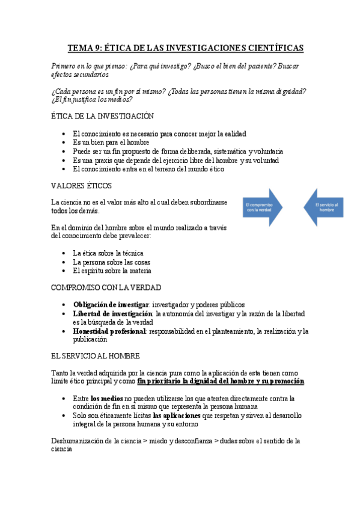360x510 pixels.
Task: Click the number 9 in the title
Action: [x=99, y=48]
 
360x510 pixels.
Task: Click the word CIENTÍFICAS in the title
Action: [x=270, y=48]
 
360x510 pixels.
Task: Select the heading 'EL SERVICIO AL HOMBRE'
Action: [x=96, y=356]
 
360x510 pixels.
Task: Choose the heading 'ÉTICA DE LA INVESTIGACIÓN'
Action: [x=103, y=116]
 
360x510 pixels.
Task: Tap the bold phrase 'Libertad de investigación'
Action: [x=112, y=314]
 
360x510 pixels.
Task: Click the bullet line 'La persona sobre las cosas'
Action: [x=111, y=262]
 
